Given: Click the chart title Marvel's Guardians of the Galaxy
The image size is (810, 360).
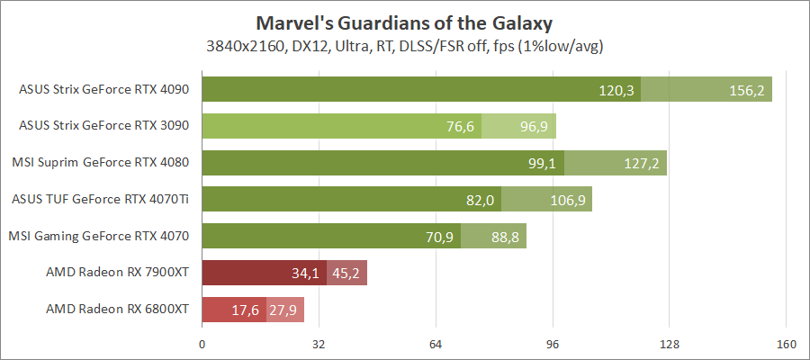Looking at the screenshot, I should (404, 22).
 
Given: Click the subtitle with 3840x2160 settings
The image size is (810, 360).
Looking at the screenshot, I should (404, 45).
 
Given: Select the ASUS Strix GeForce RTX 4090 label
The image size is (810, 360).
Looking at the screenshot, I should (104, 89).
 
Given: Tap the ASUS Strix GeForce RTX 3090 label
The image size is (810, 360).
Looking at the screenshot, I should (104, 126).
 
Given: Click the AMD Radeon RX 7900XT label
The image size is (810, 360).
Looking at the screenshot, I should (117, 273).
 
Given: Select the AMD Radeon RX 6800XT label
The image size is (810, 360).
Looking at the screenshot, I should (117, 310).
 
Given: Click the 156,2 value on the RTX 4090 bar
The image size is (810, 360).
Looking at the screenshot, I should (746, 90).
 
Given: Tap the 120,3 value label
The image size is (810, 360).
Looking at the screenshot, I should (616, 90).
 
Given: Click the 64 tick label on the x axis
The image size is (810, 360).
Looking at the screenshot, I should (436, 343).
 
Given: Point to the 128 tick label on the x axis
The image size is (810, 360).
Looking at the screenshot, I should (669, 343).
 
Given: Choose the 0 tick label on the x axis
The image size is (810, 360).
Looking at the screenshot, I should (202, 343).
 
